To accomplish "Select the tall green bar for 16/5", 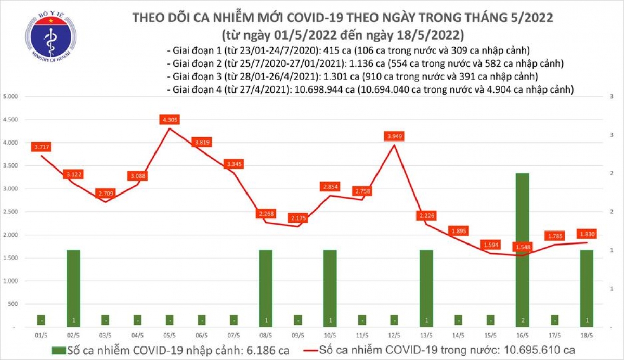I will point(523,250).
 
